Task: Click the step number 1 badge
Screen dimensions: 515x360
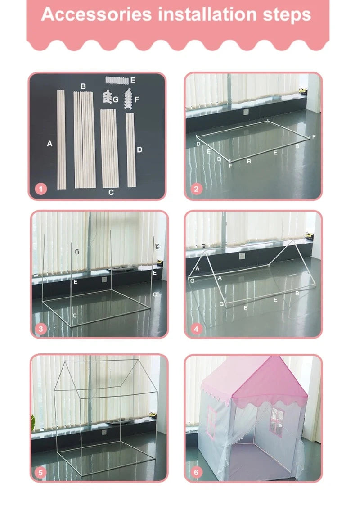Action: (x=41, y=189)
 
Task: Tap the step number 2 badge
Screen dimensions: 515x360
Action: (x=196, y=189)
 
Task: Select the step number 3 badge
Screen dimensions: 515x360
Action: (x=41, y=329)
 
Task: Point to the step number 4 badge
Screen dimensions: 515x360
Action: (x=196, y=329)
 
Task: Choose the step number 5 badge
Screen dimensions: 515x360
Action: (x=41, y=472)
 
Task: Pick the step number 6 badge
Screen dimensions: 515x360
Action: (x=196, y=472)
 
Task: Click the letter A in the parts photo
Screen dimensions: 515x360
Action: (x=49, y=144)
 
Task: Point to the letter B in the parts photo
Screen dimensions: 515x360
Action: (x=83, y=86)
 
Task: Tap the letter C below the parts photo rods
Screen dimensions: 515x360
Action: (x=111, y=193)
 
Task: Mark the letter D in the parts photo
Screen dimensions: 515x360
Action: (x=139, y=149)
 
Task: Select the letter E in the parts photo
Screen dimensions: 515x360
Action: (x=132, y=81)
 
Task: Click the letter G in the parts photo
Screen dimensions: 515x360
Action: (x=116, y=99)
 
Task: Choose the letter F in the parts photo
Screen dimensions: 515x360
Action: (x=137, y=99)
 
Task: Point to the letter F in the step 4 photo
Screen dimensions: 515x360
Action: (x=203, y=247)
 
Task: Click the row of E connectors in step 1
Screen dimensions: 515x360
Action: (x=117, y=80)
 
